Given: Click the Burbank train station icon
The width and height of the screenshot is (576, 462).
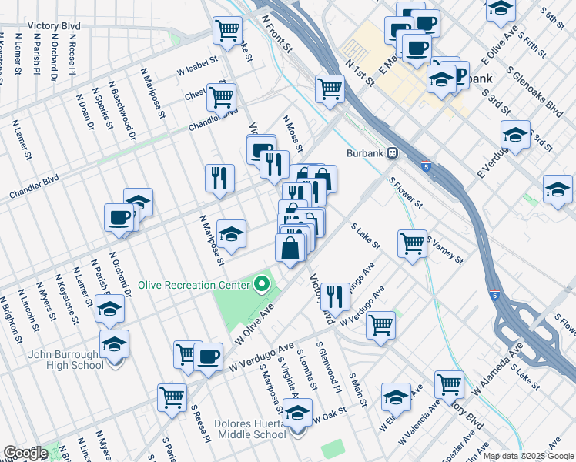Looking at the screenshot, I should pyautogui.click(x=392, y=152).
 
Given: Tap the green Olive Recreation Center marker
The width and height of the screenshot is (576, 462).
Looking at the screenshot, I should pyautogui.click(x=262, y=285).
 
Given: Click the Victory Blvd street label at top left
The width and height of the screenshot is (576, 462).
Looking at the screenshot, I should pyautogui.click(x=54, y=25).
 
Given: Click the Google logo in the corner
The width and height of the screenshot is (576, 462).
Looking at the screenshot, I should pyautogui.click(x=25, y=453).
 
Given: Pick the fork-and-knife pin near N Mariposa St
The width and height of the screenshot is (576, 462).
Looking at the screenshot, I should pyautogui.click(x=219, y=177).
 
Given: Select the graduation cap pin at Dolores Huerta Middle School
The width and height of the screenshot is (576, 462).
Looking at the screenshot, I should pyautogui.click(x=297, y=413).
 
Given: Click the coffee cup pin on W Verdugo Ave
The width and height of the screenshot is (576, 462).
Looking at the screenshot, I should pyautogui.click(x=208, y=356).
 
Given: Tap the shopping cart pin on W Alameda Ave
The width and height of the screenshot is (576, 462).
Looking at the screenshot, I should pyautogui.click(x=449, y=382).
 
